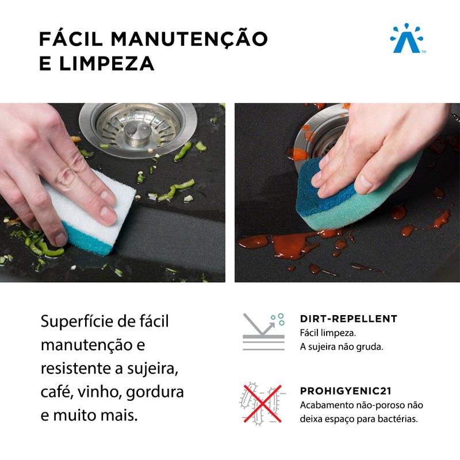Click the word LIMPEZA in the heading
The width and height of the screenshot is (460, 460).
coord(107,64)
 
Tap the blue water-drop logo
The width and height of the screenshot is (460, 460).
coord(407,38)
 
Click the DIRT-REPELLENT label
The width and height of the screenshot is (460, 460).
coord(348,319)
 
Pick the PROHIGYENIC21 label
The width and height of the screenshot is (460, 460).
coord(346,391)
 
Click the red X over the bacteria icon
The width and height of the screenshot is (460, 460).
coord(263,404)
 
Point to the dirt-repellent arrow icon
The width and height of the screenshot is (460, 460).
coord(263,332)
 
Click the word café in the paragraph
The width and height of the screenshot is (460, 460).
coord(57,392)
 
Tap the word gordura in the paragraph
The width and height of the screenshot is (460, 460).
coord(155,393)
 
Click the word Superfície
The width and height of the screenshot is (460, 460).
coord(78,321)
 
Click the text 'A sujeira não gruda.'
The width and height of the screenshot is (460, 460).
coord(342,347)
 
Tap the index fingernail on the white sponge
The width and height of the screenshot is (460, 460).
coord(109,215)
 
